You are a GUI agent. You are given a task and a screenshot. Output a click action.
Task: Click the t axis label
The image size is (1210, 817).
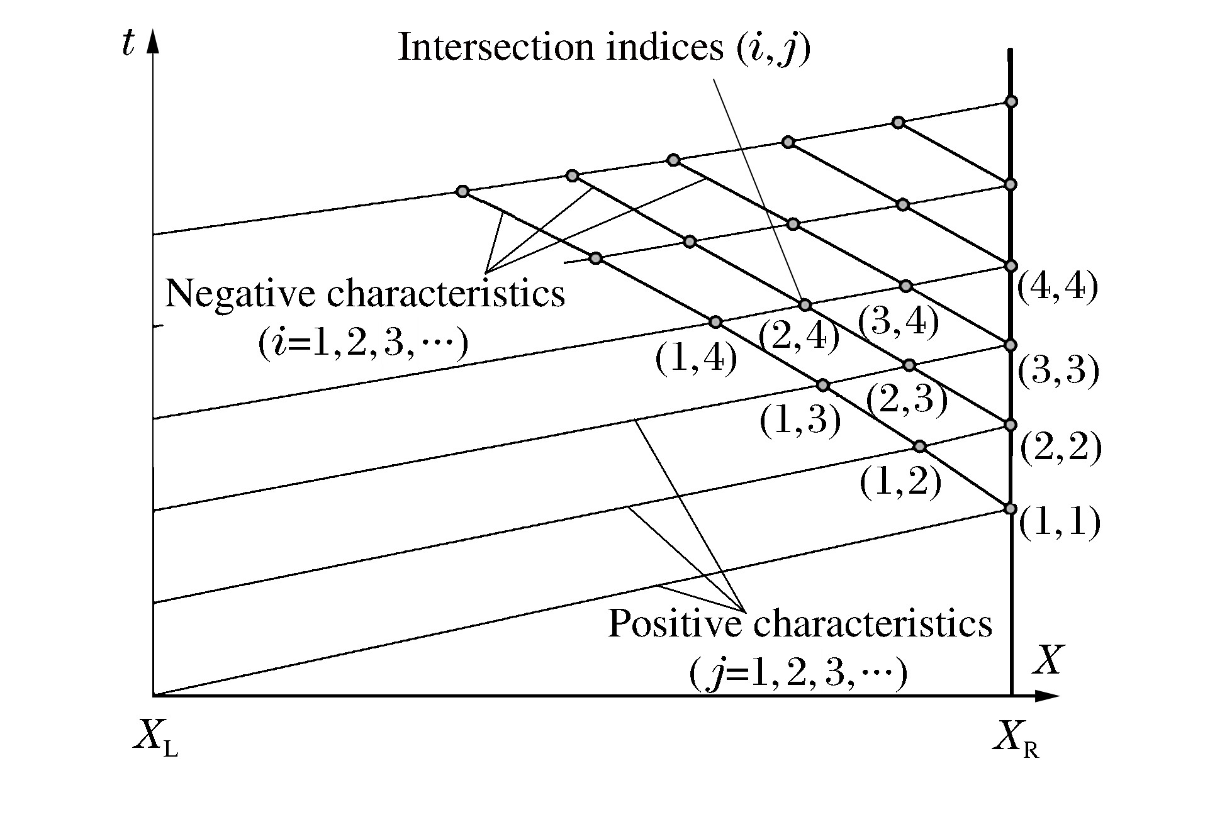pos(129,45)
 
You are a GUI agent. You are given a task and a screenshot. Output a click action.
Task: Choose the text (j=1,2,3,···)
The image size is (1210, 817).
pos(798,674)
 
